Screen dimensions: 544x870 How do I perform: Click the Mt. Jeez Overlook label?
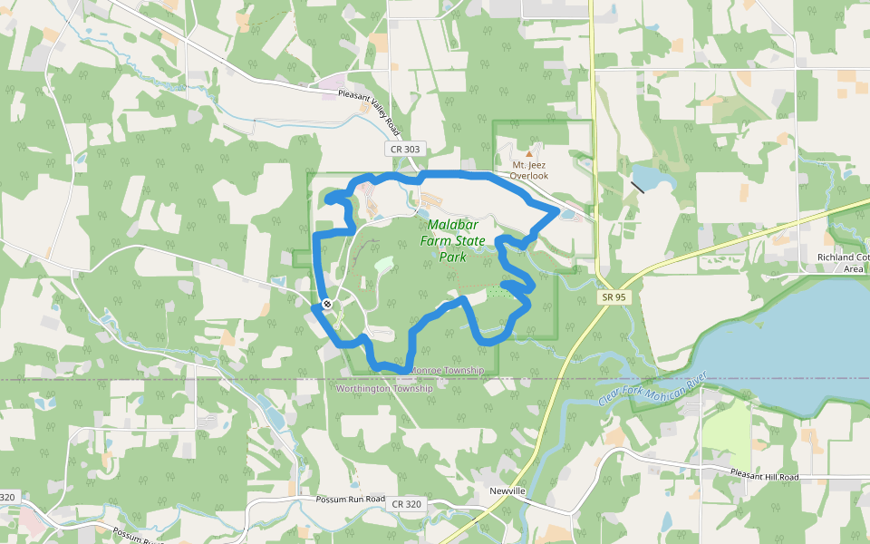530,170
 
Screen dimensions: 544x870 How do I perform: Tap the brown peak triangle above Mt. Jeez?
530,153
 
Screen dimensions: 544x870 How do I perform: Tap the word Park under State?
452,257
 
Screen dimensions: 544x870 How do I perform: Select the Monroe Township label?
448,371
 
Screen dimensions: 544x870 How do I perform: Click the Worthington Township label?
384,388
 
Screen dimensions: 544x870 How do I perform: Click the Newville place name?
507,491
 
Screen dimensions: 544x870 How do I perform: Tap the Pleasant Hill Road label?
764,477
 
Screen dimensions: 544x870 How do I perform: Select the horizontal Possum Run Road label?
351,500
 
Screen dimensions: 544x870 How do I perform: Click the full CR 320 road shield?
409,504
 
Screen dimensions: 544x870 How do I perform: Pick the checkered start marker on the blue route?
325,304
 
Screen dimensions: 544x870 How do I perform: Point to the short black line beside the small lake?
638,187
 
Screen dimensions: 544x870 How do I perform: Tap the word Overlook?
529,176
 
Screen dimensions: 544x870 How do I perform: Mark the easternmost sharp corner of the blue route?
557,210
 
